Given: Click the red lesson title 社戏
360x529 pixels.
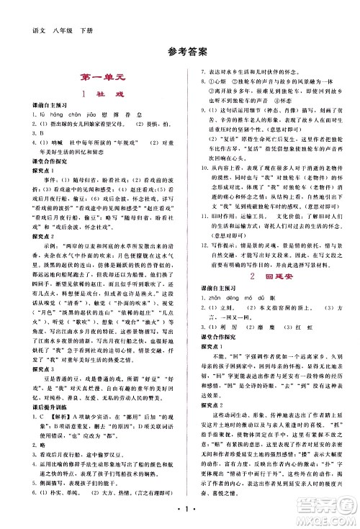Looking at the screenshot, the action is [106, 94].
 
